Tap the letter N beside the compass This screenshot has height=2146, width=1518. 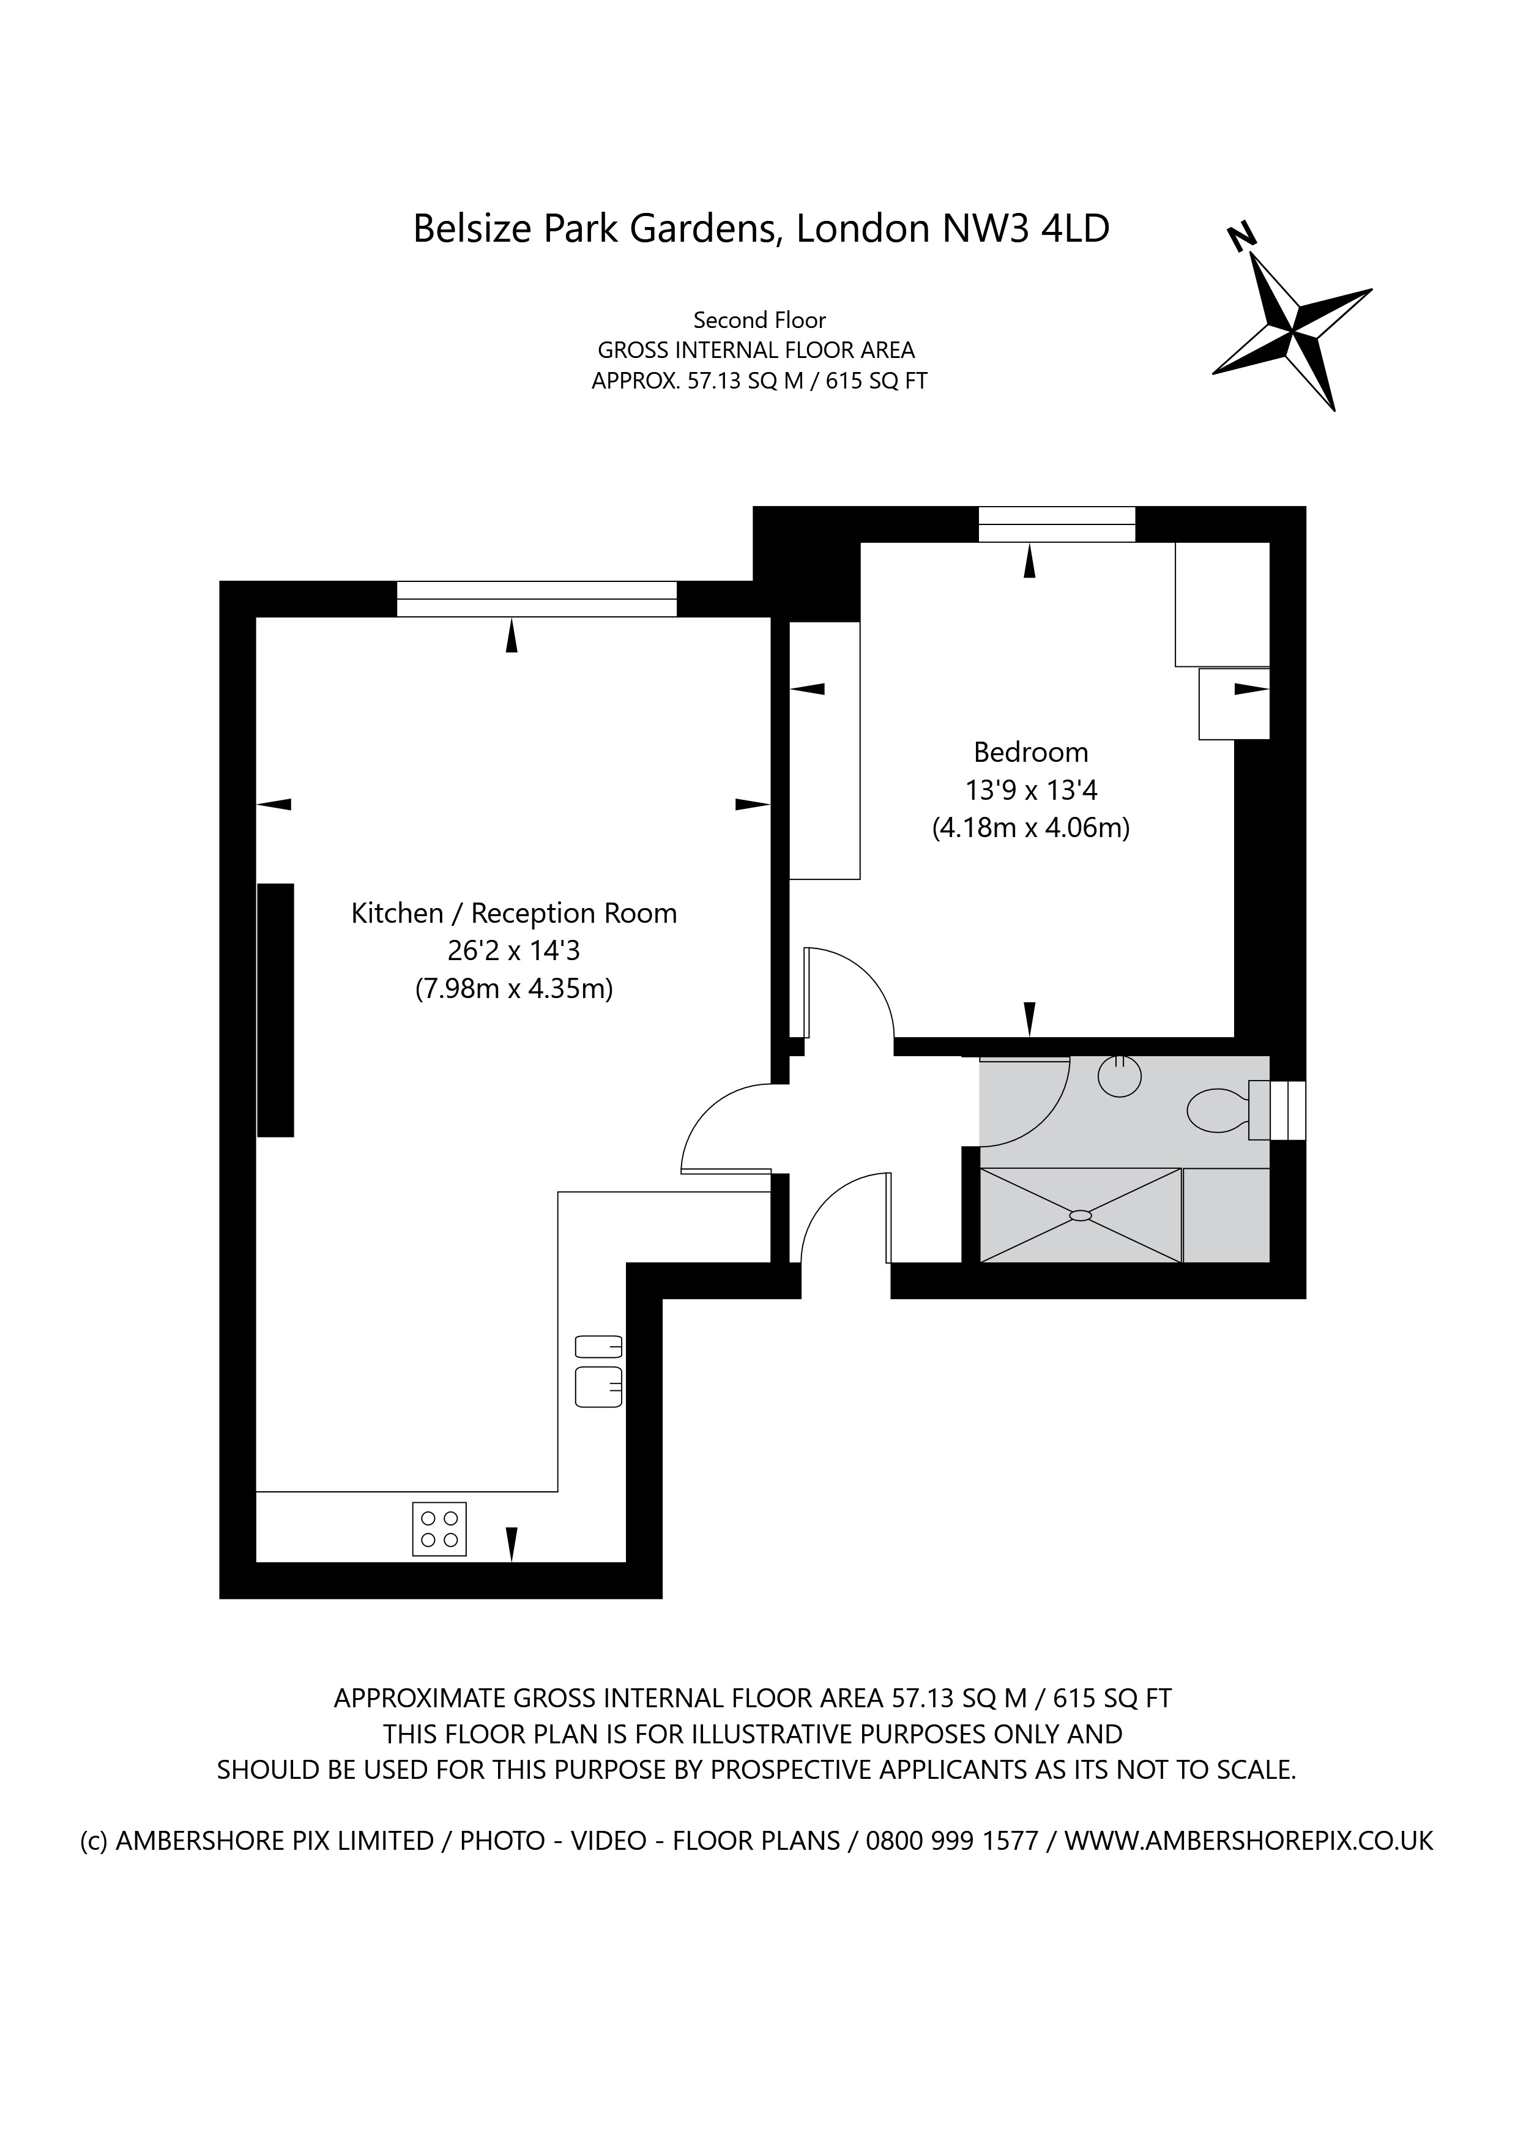pyautogui.click(x=1240, y=237)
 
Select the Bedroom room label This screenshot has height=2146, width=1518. pyautogui.click(x=1030, y=753)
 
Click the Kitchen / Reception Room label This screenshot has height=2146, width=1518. pyautogui.click(x=514, y=913)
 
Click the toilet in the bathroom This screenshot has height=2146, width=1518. pyautogui.click(x=1218, y=1111)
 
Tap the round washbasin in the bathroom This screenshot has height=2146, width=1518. pyautogui.click(x=1119, y=1077)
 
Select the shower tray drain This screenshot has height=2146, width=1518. pyautogui.click(x=1081, y=1215)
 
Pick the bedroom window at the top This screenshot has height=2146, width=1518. pyautogui.click(x=1057, y=524)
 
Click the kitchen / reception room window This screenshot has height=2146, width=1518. pyautogui.click(x=537, y=599)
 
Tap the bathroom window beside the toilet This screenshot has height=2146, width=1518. pyautogui.click(x=1277, y=1111)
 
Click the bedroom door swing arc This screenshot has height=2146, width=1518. pyautogui.click(x=874, y=977)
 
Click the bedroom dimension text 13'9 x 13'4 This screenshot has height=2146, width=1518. pyautogui.click(x=1031, y=791)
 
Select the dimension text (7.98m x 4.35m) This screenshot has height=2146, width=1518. pyautogui.click(x=514, y=989)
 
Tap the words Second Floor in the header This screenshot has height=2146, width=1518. pyautogui.click(x=759, y=321)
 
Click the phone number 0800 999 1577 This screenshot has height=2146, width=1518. pyautogui.click(x=953, y=1841)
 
